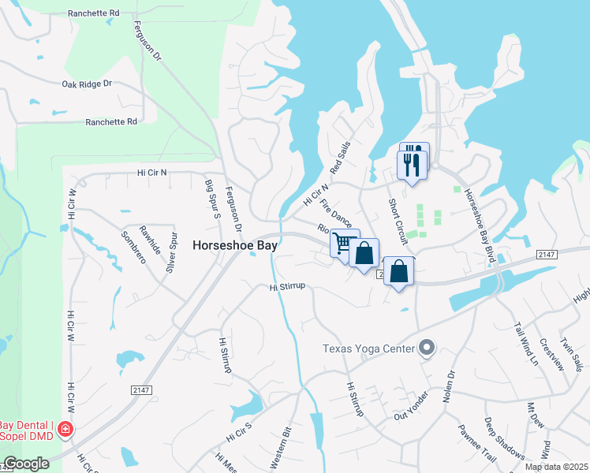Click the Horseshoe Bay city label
coord(234,246)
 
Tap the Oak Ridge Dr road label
coord(87,83)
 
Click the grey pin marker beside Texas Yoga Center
coord(427,347)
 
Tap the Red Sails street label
coord(340,159)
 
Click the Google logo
coord(26,464)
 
